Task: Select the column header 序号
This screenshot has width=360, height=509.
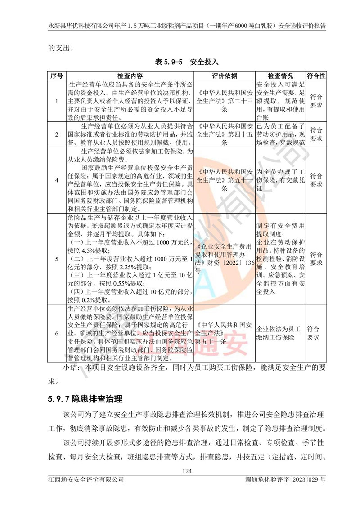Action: [57, 76]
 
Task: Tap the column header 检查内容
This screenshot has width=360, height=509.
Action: [130, 76]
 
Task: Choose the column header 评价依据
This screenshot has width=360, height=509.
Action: [225, 76]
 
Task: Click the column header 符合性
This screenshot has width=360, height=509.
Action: [316, 76]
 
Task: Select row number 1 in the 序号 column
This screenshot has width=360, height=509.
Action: [57, 101]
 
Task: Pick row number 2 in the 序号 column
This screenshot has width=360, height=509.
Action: [57, 134]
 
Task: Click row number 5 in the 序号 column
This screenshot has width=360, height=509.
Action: [57, 259]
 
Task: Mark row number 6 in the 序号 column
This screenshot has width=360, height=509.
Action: [57, 333]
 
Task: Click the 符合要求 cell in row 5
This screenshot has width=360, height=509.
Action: [316, 259]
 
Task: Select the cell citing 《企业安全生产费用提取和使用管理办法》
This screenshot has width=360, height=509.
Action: [225, 259]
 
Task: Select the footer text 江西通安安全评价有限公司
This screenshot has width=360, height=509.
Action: [86, 480]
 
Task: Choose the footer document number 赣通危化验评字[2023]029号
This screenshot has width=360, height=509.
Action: [283, 480]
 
